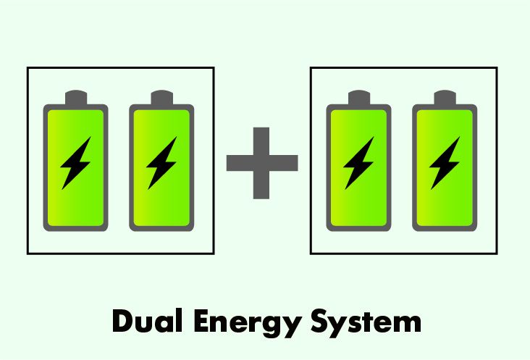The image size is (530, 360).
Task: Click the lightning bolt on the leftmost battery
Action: click(x=75, y=164)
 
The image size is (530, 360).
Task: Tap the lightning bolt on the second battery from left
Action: click(x=161, y=164)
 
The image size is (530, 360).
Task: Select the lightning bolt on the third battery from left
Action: click(x=358, y=164)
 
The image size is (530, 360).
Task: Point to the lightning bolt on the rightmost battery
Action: click(x=444, y=164)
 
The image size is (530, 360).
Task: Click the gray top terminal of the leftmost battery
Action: click(x=75, y=98)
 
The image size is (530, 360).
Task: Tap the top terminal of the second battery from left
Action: click(x=161, y=98)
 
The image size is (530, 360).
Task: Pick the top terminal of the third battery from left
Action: click(x=358, y=98)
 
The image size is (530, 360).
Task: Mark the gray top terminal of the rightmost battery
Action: click(x=444, y=98)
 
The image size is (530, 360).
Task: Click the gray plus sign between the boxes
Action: click(x=262, y=163)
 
